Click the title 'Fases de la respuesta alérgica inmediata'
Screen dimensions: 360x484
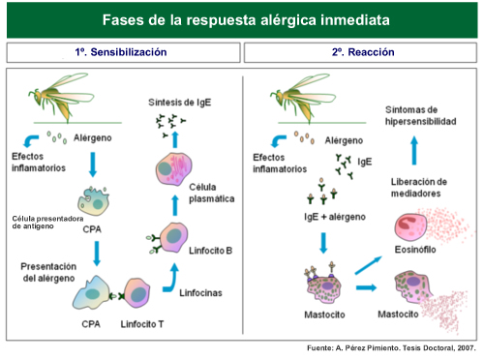tap(242, 19)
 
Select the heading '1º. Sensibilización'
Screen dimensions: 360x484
tap(120, 52)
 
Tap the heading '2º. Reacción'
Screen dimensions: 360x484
tap(364, 52)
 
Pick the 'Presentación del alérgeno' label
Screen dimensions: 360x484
tap(50, 271)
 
